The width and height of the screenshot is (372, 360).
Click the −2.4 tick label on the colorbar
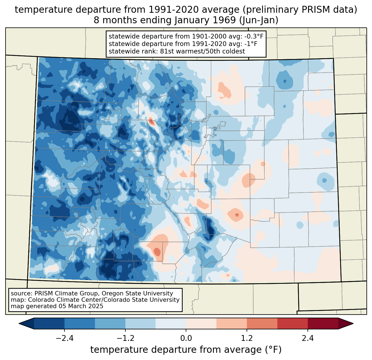click(64, 338)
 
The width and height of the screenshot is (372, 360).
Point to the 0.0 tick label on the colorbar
click(186, 338)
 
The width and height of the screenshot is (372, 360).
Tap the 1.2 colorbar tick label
click(247, 338)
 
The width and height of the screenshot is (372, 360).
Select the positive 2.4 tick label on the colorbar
click(308, 338)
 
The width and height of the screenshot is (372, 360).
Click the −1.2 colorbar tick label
click(125, 338)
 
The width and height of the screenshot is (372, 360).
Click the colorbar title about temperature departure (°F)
click(186, 350)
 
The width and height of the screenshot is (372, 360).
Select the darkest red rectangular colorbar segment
click(323, 323)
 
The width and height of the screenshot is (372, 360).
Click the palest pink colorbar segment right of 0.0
click(201, 323)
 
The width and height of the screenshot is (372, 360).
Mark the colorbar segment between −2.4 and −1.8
click(80, 323)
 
